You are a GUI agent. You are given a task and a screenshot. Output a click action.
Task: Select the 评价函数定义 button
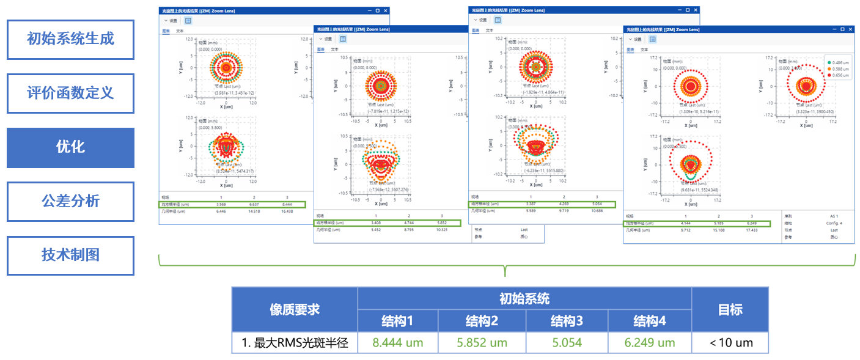click(x=70, y=94)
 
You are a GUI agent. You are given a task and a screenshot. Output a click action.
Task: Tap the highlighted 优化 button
click(x=70, y=147)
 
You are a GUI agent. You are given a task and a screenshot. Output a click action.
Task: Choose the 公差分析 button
click(x=70, y=201)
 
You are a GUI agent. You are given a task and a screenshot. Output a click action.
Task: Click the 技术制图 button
click(x=70, y=255)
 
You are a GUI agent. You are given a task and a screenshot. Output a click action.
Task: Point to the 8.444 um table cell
click(x=398, y=342)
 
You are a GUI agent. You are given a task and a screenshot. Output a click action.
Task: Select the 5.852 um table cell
click(x=482, y=342)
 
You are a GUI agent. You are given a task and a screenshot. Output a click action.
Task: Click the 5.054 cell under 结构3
click(x=566, y=342)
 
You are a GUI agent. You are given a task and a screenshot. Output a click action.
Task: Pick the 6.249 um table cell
click(x=649, y=342)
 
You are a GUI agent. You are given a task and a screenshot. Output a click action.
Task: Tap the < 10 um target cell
click(x=730, y=342)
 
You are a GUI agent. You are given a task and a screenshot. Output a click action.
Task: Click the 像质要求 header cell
click(x=295, y=309)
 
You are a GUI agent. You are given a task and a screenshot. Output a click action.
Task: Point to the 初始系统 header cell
click(x=524, y=298)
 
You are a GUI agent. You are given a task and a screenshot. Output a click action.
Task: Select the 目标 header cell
click(x=730, y=309)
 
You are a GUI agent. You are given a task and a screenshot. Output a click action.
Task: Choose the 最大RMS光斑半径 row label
click(x=295, y=342)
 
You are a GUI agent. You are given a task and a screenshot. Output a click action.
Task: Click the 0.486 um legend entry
click(x=838, y=63)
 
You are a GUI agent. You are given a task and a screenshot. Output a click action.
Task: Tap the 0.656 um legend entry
click(x=838, y=75)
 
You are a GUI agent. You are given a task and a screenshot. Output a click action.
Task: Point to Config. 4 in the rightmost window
click(x=834, y=223)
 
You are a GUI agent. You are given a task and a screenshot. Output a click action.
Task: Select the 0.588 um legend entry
click(x=838, y=69)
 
